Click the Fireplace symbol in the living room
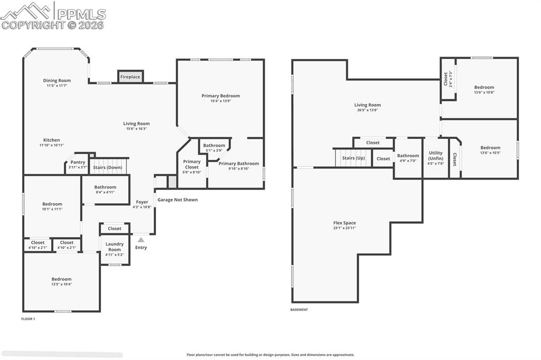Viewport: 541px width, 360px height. point(130,77)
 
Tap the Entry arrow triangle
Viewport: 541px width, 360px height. point(141,240)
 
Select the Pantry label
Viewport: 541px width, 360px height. point(78,162)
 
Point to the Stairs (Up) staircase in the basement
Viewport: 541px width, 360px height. point(353,157)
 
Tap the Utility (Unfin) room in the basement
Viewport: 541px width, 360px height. point(436,158)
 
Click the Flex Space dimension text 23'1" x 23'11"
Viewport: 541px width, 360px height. point(344,228)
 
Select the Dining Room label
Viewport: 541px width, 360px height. point(57,81)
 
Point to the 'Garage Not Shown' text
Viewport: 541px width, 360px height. point(178,200)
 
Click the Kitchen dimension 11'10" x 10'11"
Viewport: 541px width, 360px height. point(51,145)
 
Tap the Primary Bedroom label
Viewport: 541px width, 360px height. point(220,96)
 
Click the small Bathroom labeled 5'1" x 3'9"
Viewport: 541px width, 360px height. point(214,147)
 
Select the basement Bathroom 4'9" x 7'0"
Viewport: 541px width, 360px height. point(408,158)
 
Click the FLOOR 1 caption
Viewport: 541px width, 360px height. point(27,319)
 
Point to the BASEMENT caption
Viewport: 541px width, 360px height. point(299,310)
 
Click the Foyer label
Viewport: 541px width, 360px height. point(142,202)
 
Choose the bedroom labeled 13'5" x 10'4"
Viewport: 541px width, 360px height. point(61,281)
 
